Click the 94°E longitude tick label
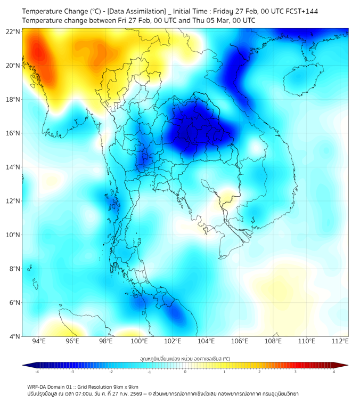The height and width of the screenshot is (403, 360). (x=39, y=342)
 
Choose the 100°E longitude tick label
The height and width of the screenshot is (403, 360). (x=140, y=342)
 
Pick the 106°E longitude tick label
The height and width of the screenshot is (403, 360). (x=240, y=342)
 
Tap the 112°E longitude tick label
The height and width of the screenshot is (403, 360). (x=340, y=342)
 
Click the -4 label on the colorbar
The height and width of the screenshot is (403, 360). (x=37, y=372)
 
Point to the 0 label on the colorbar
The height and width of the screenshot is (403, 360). (x=185, y=372)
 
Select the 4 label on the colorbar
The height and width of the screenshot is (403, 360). (x=334, y=372)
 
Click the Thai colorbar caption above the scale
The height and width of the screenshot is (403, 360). (x=185, y=358)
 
